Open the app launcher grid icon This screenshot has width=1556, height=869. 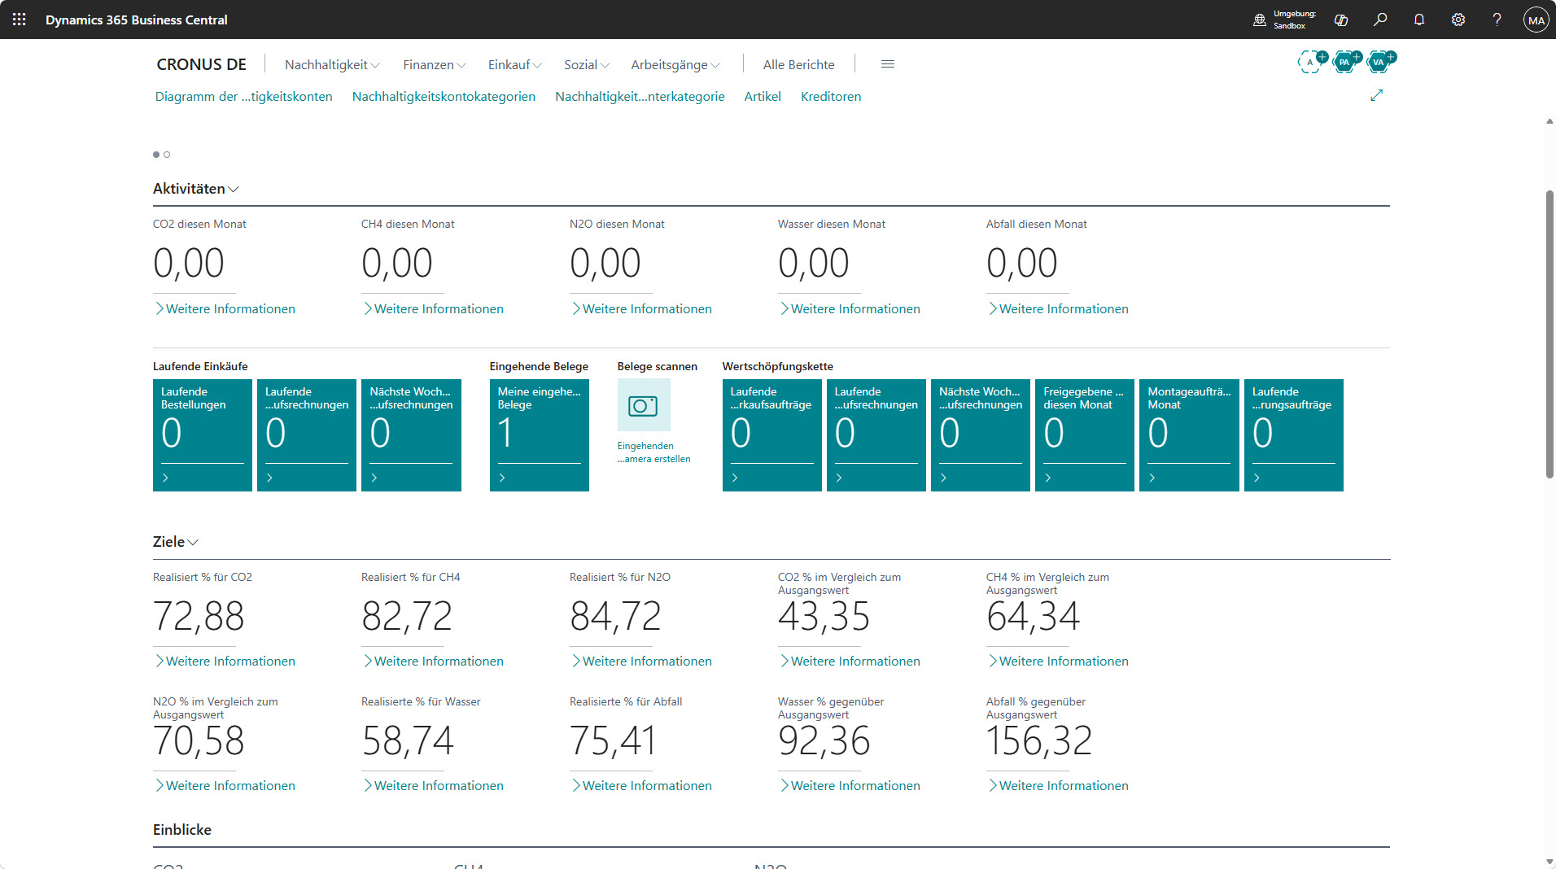coord(20,20)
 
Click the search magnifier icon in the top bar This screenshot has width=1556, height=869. coord(1380,20)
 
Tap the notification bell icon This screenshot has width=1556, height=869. coord(1419,20)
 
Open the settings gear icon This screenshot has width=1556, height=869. coord(1458,20)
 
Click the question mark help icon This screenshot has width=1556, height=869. coord(1497,20)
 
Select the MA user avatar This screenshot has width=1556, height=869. coord(1536,20)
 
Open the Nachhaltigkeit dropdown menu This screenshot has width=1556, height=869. coord(332,64)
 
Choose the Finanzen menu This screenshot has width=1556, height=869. coord(435,64)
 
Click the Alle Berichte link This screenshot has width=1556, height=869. coord(799,64)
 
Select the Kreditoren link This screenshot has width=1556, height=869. coord(831,96)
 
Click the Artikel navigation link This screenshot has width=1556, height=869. coord(763,96)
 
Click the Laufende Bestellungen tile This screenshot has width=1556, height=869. coord(203,435)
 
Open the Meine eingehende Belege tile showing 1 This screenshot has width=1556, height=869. coord(540,435)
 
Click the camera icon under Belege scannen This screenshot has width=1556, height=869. coord(644,405)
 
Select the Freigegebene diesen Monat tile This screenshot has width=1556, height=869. coord(1085,435)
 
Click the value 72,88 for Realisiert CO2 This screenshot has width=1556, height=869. coord(199,617)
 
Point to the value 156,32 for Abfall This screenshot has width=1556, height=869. coord(1039,741)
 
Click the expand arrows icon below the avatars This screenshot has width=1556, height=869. coord(1377,95)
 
